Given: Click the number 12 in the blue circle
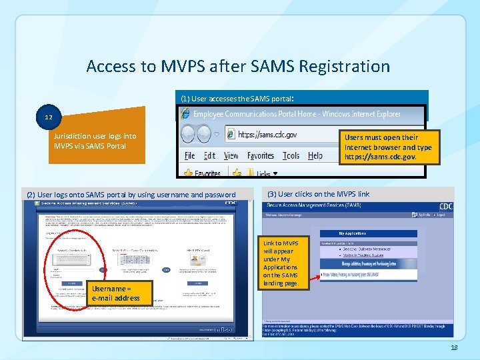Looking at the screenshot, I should click(x=48, y=117).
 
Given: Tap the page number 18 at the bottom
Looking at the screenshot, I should click(x=455, y=348).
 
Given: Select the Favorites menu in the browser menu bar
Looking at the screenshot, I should click(x=261, y=155).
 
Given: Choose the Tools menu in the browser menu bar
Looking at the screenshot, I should click(x=291, y=155).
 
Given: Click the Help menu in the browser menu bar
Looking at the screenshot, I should click(x=315, y=155).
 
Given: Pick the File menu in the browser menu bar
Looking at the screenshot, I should click(x=190, y=155).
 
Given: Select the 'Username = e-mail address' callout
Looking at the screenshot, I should click(x=116, y=293).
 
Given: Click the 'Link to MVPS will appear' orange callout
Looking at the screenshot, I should click(x=281, y=264).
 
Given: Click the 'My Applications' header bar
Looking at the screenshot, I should click(x=369, y=233).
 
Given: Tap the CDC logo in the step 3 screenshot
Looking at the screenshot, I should click(x=445, y=207).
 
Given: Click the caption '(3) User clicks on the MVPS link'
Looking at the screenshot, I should click(x=318, y=194).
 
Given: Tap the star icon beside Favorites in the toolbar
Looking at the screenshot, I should click(x=188, y=173).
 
